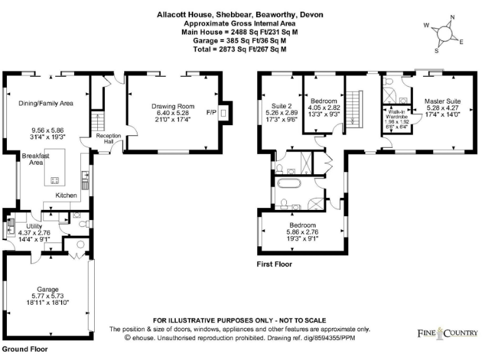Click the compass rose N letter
[453, 18]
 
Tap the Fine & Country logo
[447, 332]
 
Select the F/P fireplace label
[211, 113]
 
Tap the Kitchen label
[66, 195]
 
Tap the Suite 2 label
[281, 106]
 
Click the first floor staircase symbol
[355, 107]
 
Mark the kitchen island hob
[54, 181]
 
